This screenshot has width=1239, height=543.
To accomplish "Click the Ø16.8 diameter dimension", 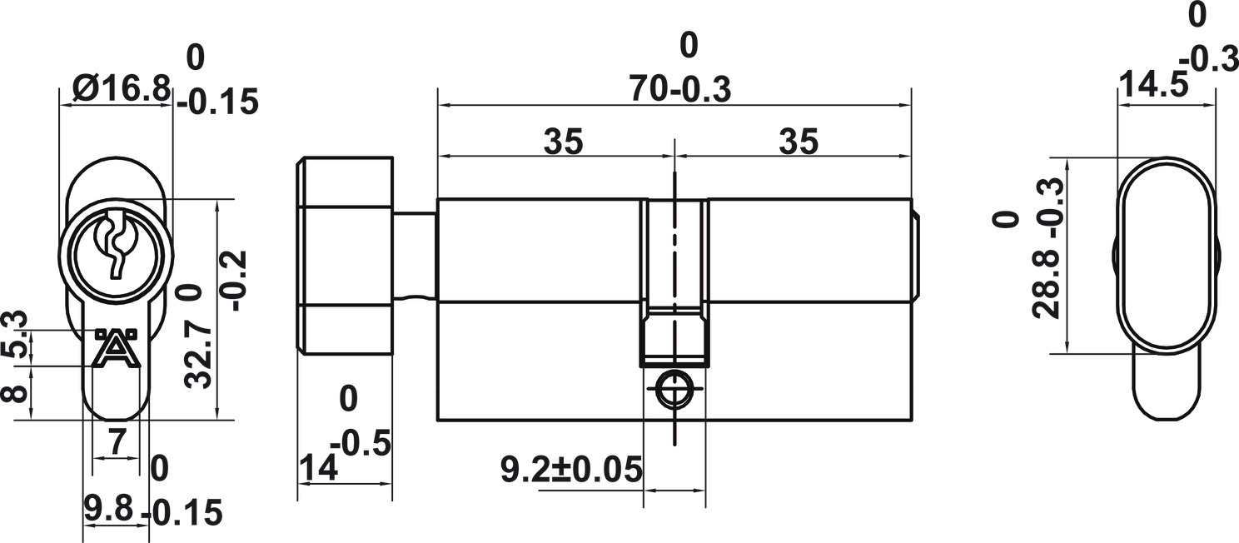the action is pos(121,88).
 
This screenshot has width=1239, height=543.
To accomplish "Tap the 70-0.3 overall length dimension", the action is pos(680,89).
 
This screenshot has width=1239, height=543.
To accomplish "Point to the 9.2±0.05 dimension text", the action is pos(572,470).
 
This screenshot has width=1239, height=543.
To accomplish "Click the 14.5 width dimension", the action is pos(1153,85).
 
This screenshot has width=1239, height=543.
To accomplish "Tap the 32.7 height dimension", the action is pos(198,356).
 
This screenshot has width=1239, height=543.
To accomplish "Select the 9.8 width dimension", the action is pos(108,508).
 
